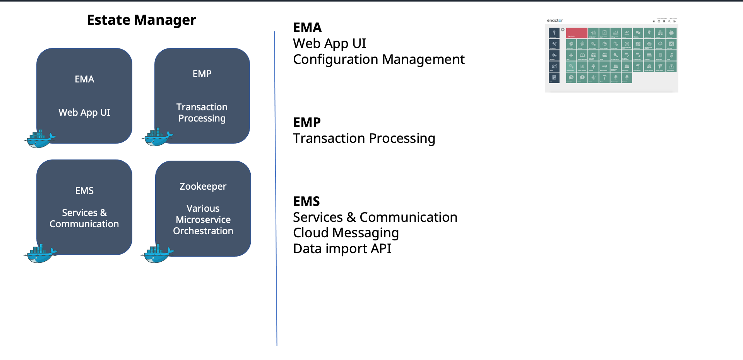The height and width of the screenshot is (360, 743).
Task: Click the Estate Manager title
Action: [x=141, y=20]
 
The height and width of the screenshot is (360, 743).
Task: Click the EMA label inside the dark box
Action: [x=84, y=79]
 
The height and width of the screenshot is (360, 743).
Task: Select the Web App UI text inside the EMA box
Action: [x=84, y=113]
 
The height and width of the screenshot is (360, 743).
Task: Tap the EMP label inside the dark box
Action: [x=202, y=74]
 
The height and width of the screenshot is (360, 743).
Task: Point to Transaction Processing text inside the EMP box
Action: [x=202, y=113]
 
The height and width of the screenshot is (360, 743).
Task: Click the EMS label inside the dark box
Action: [x=84, y=191]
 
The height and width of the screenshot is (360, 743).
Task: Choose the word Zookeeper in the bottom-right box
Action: [x=203, y=187]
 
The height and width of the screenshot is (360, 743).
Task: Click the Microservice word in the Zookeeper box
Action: [x=203, y=220]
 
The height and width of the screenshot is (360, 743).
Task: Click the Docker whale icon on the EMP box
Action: [x=157, y=137]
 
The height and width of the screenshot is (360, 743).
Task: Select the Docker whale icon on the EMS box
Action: [x=40, y=254]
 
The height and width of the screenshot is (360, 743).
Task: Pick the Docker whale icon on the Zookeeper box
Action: [x=157, y=254]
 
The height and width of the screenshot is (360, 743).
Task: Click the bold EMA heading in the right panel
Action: [x=307, y=28]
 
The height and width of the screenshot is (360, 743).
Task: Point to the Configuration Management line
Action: [x=378, y=60]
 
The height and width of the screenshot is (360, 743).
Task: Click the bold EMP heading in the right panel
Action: [x=307, y=123]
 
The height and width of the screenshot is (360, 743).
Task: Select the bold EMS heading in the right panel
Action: [x=306, y=202]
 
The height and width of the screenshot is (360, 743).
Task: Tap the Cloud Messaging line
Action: [x=346, y=233]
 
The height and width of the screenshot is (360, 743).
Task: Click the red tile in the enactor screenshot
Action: [x=576, y=33]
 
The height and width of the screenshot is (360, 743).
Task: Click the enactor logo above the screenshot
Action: [x=555, y=21]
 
